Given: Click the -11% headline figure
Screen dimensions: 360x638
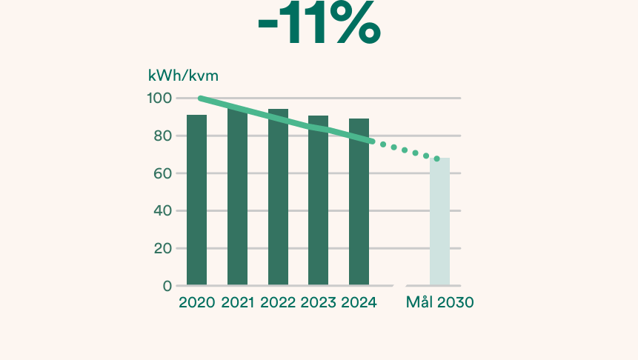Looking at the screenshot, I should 319,27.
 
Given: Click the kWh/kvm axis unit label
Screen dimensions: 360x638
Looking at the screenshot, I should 183,75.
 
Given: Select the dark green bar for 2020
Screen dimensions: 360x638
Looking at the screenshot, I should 196,200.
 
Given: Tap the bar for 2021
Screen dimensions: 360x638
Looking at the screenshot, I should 237,200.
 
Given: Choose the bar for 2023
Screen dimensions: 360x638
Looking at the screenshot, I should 318,200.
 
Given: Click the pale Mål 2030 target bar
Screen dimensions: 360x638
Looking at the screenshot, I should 439,221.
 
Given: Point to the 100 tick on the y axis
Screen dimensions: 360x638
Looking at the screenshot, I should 160,99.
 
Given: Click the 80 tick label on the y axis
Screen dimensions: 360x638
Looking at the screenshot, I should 163,136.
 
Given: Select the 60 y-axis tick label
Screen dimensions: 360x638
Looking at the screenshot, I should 163,173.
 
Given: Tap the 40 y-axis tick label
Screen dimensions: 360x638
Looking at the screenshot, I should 163,211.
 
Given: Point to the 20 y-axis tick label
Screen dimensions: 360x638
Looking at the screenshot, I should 163,248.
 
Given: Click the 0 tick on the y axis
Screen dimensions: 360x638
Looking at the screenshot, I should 167,286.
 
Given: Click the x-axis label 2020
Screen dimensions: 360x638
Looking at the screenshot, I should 196,303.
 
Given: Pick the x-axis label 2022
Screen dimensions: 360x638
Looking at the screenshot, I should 278,303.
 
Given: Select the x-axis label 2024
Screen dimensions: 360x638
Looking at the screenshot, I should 359,303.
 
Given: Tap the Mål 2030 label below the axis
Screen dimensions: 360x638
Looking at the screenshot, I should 439,303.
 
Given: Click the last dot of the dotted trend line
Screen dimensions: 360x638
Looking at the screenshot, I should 437,159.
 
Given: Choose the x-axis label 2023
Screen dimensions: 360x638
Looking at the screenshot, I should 318,303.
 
